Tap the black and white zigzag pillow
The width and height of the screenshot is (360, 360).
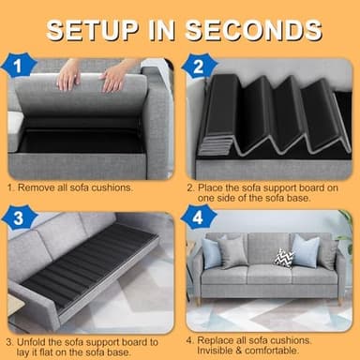click(x=283, y=257)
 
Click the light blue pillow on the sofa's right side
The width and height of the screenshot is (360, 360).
click(x=306, y=250)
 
